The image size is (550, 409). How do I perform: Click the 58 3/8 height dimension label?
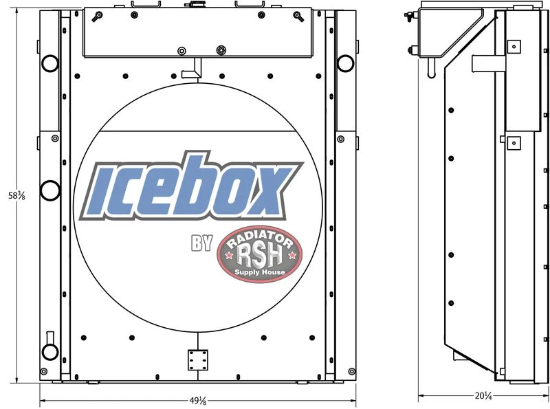coord(16,196)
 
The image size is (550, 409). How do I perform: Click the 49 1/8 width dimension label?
coord(198,400)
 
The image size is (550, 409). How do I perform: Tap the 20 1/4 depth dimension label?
coord(483,396)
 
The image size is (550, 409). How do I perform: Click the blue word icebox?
coord(191,186)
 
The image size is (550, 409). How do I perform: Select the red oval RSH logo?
coord(260,254)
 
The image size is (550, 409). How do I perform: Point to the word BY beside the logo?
coord(202,243)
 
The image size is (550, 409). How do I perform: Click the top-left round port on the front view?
coord(50,63)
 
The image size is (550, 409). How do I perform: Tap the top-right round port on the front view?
coord(346,63)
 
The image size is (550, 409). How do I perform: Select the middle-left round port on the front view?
coord(50,190)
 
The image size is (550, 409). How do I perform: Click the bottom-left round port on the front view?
coord(49,351)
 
